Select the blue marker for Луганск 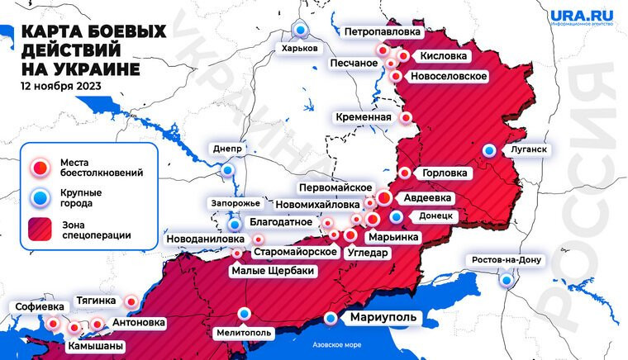[x=490, y=150]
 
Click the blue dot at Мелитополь [x=245, y=313]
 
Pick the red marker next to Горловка [x=405, y=173]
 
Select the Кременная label [x=363, y=117]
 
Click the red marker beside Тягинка [x=131, y=301]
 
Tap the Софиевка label [x=39, y=307]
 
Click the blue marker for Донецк [x=397, y=216]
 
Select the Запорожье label [x=234, y=203]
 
